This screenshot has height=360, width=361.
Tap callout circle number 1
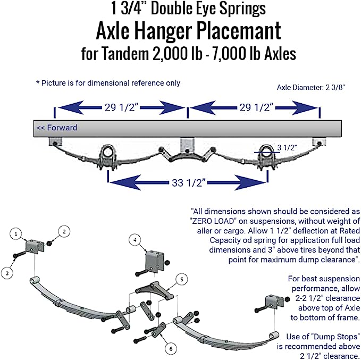click(x=16, y=233)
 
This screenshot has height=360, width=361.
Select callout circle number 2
click(x=64, y=231)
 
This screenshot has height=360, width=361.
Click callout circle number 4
click(x=136, y=240)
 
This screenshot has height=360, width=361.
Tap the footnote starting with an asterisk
click(x=108, y=83)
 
